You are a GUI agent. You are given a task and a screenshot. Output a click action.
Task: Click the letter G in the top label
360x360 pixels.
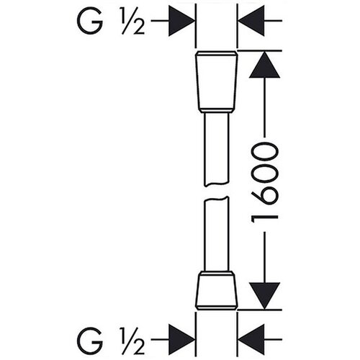90,21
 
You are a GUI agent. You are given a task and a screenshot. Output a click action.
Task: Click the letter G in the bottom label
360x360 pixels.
90,340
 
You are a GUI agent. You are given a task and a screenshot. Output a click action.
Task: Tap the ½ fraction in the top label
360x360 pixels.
132,21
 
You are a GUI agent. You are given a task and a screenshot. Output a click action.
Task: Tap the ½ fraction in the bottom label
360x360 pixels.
132,340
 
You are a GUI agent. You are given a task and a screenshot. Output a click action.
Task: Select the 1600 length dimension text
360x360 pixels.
264,183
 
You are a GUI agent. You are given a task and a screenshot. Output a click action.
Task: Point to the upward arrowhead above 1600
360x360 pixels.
264,65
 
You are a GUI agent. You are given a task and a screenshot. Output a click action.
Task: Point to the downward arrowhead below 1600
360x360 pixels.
264,296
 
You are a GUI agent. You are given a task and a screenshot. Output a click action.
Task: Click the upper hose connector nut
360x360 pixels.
217,81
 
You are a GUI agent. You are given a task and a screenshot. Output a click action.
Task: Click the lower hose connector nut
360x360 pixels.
217,291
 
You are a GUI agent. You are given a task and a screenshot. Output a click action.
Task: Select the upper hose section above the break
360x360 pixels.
217,149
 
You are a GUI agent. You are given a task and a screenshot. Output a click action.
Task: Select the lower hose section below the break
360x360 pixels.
217,234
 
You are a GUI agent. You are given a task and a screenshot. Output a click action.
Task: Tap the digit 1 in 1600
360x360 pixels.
264,219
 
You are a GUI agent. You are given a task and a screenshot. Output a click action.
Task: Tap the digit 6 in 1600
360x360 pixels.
264,194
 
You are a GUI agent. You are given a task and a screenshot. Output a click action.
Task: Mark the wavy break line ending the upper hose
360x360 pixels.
217,184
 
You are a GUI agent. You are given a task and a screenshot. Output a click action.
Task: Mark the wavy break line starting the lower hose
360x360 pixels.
217,199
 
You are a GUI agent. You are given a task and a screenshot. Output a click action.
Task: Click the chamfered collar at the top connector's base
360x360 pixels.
217,111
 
